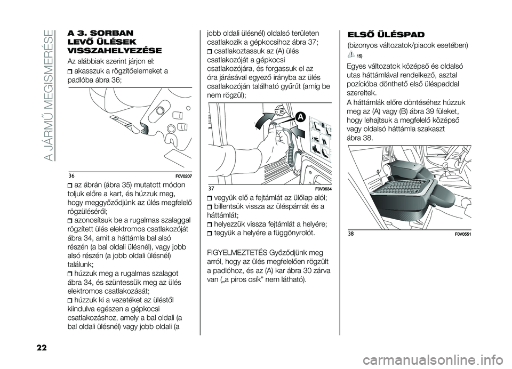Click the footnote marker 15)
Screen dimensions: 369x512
[x=361, y=56]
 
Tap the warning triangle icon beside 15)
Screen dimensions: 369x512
[x=351, y=55]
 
